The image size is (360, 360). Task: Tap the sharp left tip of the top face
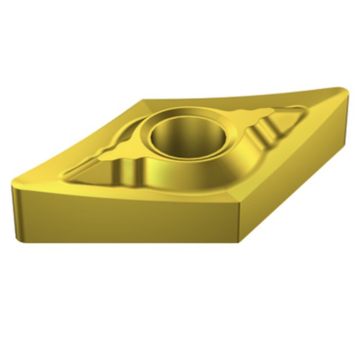pyautogui.click(x=14, y=185)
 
